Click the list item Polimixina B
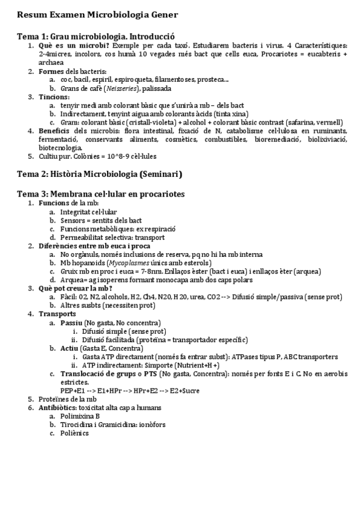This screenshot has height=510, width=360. tap(79, 416)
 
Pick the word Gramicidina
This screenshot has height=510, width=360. tap(118, 424)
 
